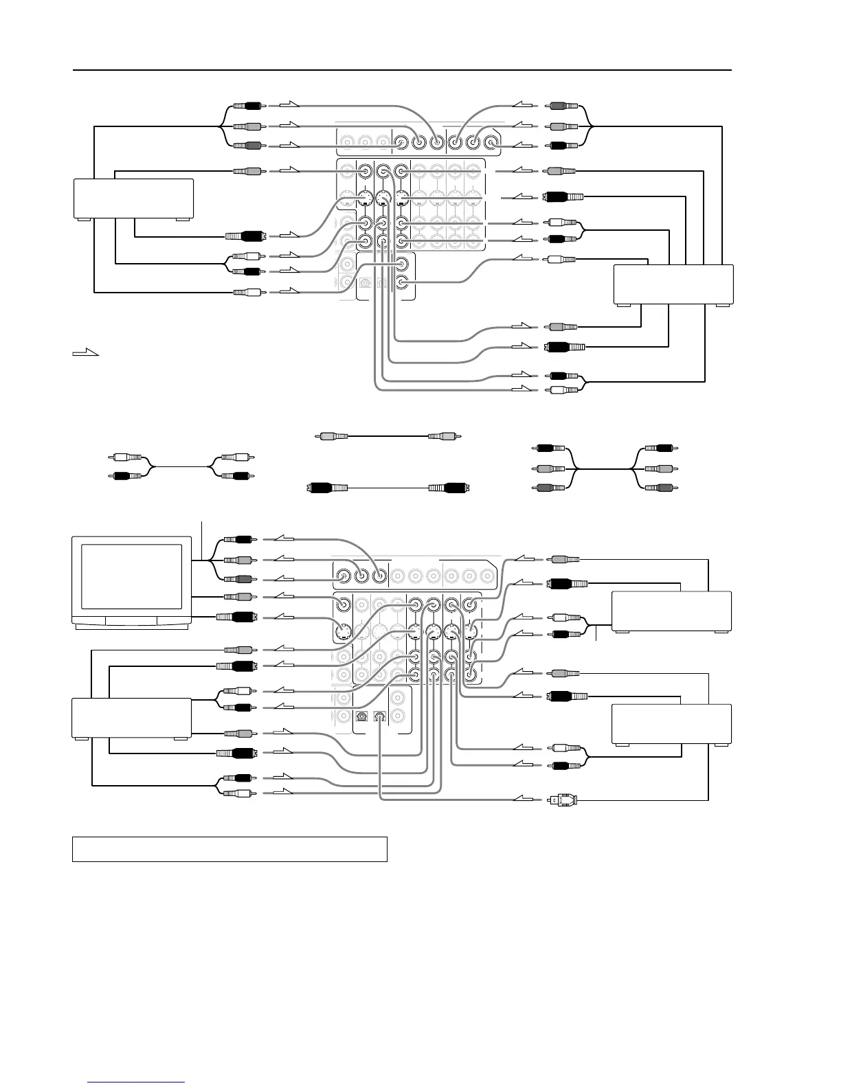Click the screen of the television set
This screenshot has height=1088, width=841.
pos(132,576)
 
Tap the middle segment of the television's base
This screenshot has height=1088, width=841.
pos(132,622)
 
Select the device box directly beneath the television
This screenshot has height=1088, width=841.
pos(131,718)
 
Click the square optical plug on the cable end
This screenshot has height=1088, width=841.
pos(557,800)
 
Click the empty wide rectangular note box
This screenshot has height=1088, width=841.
pos(229,849)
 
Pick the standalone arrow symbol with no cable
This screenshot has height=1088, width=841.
pos(86,353)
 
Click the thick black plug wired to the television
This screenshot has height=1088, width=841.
pos(237,617)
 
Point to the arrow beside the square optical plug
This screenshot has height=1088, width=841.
pos(524,799)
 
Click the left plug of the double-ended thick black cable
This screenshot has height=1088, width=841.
pos(323,488)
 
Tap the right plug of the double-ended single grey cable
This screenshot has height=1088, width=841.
pos(444,435)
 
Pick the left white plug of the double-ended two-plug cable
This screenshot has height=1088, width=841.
pos(127,457)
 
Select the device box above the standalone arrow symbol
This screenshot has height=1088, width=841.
pos(133,199)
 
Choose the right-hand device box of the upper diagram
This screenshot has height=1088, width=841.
pos(673,283)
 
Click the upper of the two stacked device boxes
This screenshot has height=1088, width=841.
pos(671,611)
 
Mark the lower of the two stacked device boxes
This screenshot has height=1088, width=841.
pos(671,724)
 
